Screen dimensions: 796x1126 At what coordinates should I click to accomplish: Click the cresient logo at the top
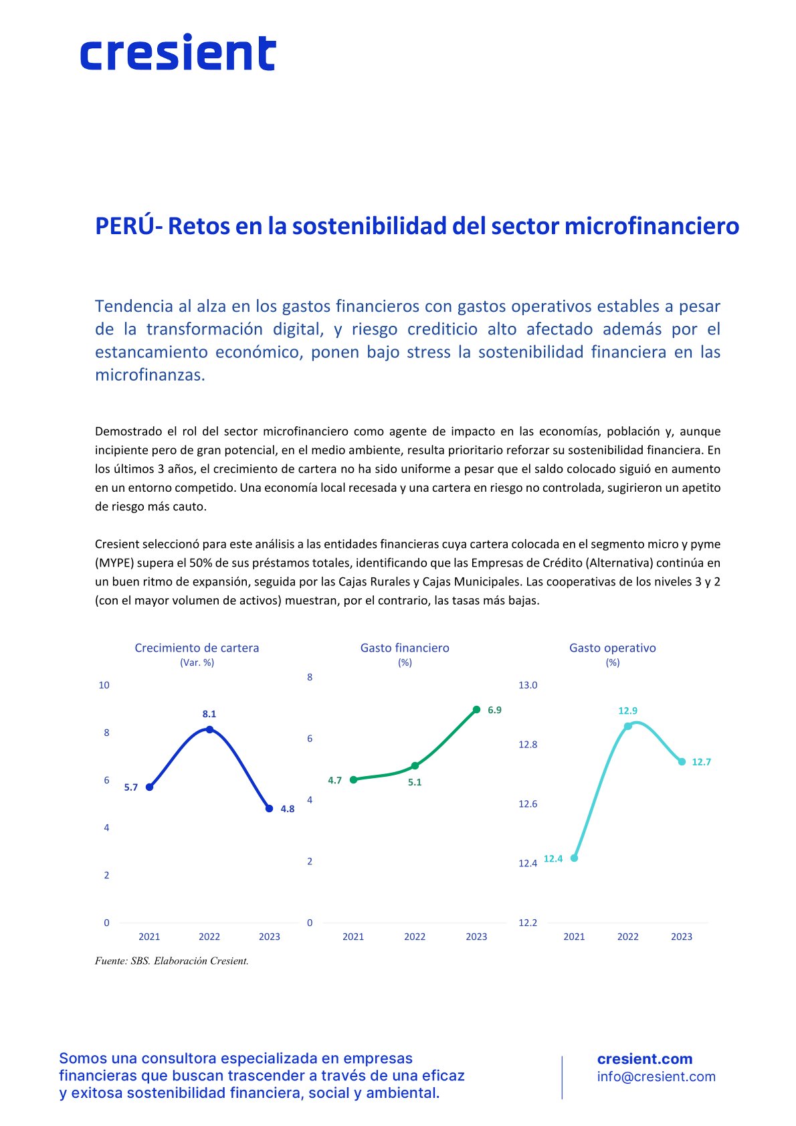coord(178,52)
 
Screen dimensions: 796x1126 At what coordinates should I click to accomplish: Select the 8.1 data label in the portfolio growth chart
coord(209,714)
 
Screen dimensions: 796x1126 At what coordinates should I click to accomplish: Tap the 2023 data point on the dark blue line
coord(270,809)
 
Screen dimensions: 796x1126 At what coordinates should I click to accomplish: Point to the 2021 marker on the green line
coord(353,779)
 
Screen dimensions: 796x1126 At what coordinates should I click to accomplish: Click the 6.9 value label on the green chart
coord(494,711)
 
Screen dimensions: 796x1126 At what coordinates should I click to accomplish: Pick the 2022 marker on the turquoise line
coord(627,726)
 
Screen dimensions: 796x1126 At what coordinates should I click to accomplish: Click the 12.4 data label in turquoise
coord(553,858)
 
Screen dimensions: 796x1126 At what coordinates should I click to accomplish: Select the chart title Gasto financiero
coord(405,648)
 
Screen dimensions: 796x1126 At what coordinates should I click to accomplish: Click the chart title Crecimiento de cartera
coord(197,648)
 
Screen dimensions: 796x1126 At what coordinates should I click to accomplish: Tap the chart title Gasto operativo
coord(612,648)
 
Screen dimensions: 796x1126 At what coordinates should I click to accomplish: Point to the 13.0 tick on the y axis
coord(528,685)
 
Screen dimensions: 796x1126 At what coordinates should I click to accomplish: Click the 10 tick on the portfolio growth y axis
coord(104,685)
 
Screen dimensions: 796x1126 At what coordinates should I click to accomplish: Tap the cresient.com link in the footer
coord(644,1058)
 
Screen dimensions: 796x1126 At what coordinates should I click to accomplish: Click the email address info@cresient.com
coord(656,1076)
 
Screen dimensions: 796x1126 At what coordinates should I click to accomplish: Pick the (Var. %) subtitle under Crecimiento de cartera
coord(197,662)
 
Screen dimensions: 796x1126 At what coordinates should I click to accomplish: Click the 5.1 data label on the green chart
coord(415,782)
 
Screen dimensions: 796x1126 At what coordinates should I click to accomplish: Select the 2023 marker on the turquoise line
coord(682,761)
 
